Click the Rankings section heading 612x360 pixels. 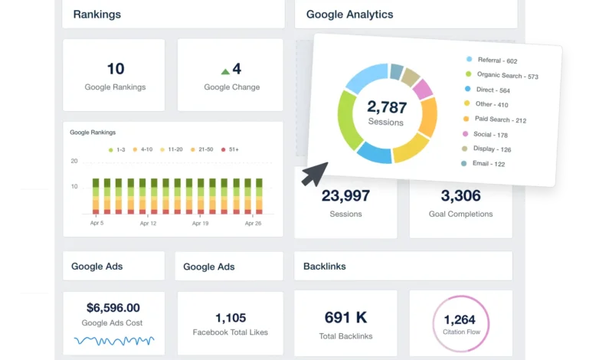pyautogui.click(x=97, y=14)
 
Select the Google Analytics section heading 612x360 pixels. pyautogui.click(x=349, y=14)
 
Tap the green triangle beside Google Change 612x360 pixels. pyautogui.click(x=225, y=71)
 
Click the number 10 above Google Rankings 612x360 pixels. pyautogui.click(x=115, y=69)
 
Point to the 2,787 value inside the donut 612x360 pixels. pyautogui.click(x=387, y=106)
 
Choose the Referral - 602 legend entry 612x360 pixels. pyautogui.click(x=497, y=61)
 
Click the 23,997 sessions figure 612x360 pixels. pyautogui.click(x=345, y=196)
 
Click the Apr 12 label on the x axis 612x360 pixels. pyautogui.click(x=148, y=224)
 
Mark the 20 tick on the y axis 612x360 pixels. pyautogui.click(x=74, y=161)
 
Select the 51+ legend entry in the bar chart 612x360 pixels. pyautogui.click(x=231, y=149)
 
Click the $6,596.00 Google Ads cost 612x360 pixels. pyautogui.click(x=113, y=307)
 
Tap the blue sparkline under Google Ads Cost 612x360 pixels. pyautogui.click(x=113, y=339)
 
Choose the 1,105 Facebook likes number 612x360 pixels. pyautogui.click(x=230, y=317)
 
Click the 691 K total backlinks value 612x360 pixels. pyautogui.click(x=345, y=317)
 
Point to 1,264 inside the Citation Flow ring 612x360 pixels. pyautogui.click(x=460, y=319)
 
